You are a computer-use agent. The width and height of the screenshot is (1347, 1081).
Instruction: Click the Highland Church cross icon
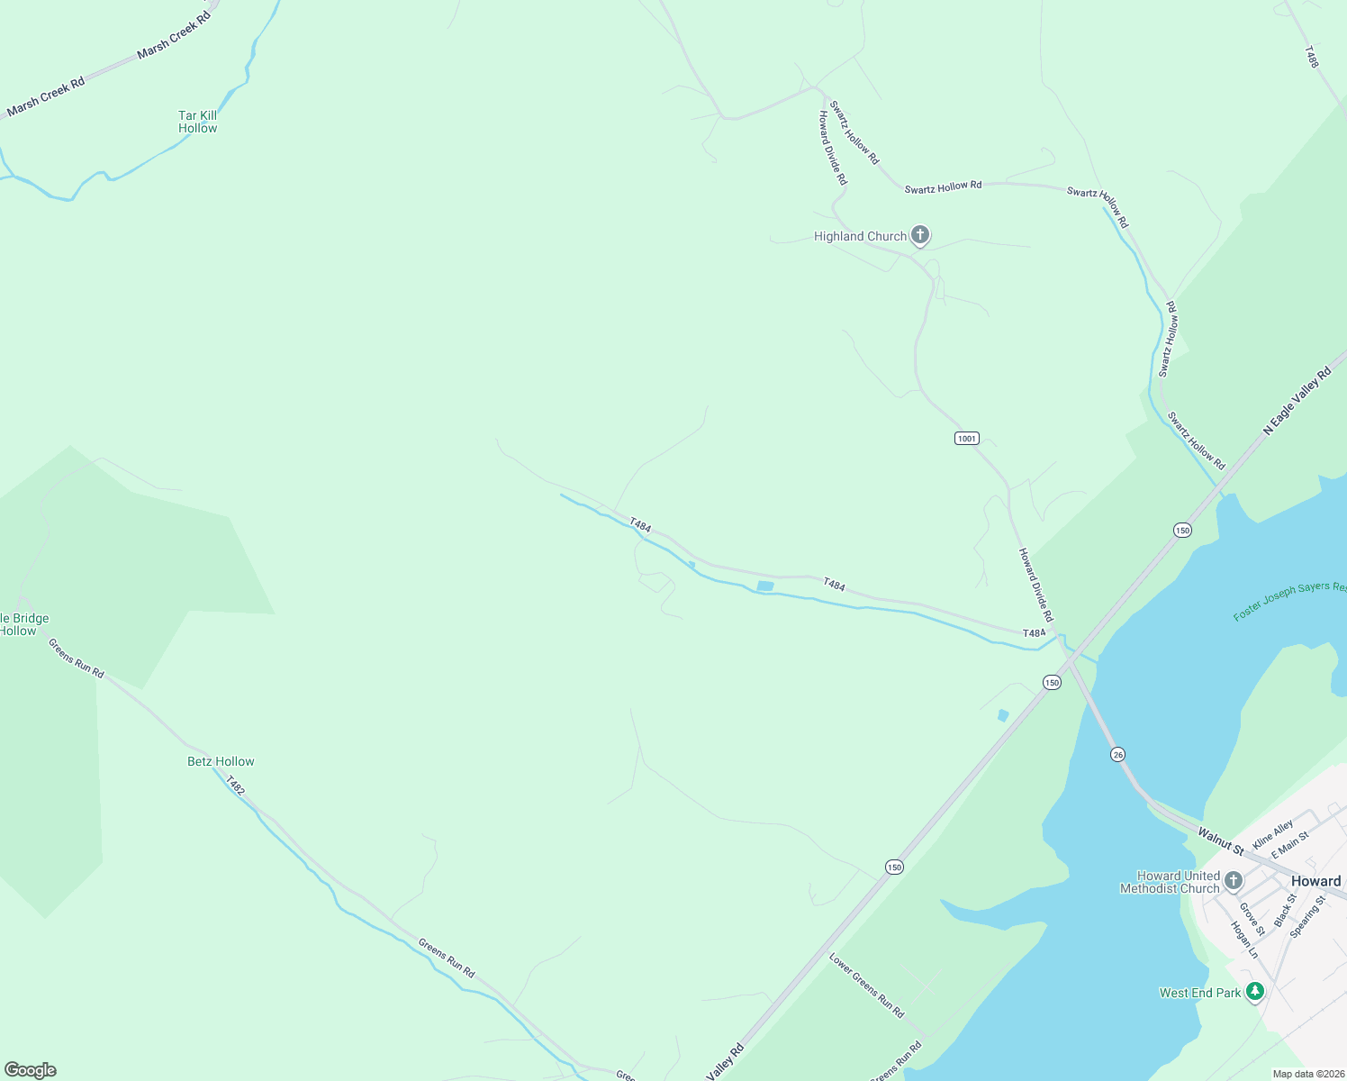pos(919,236)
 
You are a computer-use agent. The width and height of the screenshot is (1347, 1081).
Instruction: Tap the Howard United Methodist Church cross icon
pos(1234,880)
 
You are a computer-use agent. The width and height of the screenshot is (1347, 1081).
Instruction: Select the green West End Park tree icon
pos(1255,992)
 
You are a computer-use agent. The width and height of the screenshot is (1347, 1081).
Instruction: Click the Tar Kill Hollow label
pos(198,122)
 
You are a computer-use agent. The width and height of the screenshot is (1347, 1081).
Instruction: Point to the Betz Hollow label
pos(221,761)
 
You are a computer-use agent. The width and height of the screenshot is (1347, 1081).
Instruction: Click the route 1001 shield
pos(966,439)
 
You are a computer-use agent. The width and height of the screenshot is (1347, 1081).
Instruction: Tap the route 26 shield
pos(1117,754)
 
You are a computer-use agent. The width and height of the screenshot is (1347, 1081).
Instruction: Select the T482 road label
pos(235,786)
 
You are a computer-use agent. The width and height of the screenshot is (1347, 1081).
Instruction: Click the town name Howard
pos(1315,881)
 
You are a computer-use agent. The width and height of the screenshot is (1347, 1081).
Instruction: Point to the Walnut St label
pos(1220,842)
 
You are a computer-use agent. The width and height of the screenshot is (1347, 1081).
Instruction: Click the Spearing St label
pos(1307,917)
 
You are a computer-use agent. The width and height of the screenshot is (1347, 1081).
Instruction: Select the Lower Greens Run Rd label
pos(866,986)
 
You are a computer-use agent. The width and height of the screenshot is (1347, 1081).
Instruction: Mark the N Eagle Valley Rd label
pos(1297,402)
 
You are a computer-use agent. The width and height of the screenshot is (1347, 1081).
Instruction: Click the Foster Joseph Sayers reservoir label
pos(1289,601)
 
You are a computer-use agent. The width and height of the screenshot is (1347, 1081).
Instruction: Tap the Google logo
pos(30,1070)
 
